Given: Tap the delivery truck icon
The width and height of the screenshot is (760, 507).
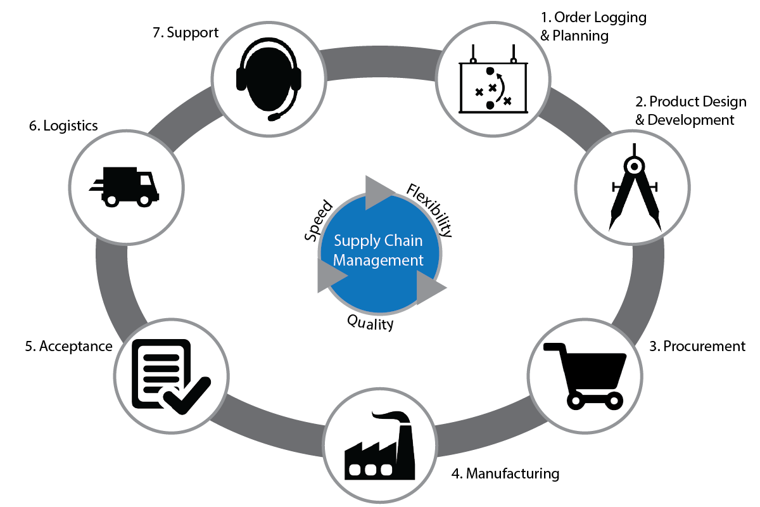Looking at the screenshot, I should (x=125, y=186).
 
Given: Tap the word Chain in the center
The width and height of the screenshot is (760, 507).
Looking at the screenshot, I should (x=403, y=241).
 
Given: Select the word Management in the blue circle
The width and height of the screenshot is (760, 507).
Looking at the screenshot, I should (x=378, y=260).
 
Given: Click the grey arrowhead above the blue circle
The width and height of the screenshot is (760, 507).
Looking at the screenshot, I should (x=379, y=191).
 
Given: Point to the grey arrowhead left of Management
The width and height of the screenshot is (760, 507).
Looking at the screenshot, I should (x=330, y=277).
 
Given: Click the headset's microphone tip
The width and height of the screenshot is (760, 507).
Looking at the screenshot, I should (x=274, y=117).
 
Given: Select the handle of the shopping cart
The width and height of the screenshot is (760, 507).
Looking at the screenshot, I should (x=553, y=346).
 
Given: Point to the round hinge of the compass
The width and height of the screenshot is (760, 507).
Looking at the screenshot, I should (x=634, y=166).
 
